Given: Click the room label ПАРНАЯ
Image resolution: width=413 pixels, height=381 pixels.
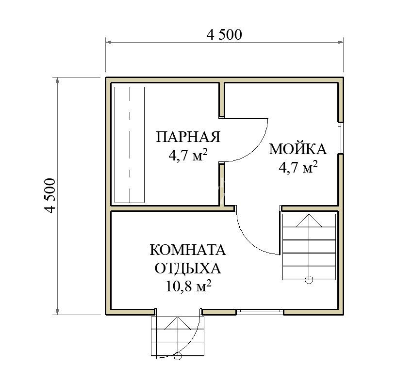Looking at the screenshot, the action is pyautogui.click(x=188, y=137).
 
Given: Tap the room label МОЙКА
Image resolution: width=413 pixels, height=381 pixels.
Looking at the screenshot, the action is pyautogui.click(x=297, y=149).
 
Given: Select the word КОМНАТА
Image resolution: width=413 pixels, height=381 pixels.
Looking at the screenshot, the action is pyautogui.click(x=188, y=250).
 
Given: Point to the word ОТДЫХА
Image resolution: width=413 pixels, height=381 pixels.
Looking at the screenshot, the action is pyautogui.click(x=188, y=269).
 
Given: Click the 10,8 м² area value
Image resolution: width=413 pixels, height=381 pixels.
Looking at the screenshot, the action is pyautogui.click(x=188, y=286).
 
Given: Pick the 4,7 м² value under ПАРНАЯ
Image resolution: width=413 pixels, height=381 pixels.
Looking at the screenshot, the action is pyautogui.click(x=188, y=155).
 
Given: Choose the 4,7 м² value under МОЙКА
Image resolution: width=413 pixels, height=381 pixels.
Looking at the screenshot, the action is pyautogui.click(x=298, y=167).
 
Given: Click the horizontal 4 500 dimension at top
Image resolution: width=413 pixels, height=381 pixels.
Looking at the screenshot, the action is pyautogui.click(x=224, y=34).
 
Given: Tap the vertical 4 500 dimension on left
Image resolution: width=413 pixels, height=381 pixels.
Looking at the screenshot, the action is pyautogui.click(x=50, y=195).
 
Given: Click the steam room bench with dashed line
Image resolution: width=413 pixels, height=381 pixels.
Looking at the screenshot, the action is pyautogui.click(x=130, y=145).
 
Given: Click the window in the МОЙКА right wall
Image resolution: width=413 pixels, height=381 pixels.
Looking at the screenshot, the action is pyautogui.click(x=341, y=138).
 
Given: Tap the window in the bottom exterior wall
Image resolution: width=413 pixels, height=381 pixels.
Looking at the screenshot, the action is pyautogui.click(x=260, y=312).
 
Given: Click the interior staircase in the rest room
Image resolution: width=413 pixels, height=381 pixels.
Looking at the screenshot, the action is pyautogui.click(x=309, y=247).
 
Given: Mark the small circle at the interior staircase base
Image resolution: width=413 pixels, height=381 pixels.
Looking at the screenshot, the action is pyautogui.click(x=309, y=280).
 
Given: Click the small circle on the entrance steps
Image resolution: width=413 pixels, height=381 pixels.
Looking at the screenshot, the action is pyautogui.click(x=178, y=356).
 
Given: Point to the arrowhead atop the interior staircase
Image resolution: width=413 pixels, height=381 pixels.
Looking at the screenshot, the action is pyautogui.click(x=309, y=221).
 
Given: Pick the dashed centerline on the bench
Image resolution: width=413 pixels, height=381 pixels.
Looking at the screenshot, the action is pyautogui.click(x=130, y=145).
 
